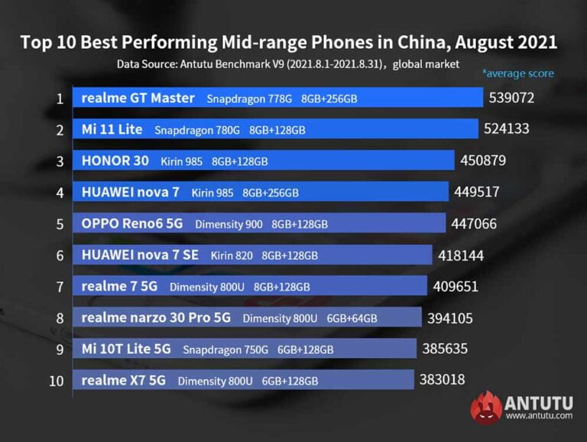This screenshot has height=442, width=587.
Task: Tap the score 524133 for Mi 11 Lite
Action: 506,129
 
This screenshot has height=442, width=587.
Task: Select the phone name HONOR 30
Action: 115,161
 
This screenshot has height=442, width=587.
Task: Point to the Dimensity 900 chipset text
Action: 229,224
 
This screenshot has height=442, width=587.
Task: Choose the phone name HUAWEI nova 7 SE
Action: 140,255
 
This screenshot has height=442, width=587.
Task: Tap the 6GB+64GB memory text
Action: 352,318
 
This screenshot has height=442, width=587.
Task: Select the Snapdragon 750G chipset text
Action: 225,349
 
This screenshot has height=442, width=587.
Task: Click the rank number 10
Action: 57,380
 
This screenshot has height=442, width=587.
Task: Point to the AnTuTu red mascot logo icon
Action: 486,407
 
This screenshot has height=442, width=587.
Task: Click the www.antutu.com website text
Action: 538,416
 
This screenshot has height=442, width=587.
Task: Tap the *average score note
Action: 517,73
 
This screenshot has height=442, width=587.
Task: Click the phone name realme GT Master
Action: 138,98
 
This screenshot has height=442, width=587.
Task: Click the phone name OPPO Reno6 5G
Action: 133,224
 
